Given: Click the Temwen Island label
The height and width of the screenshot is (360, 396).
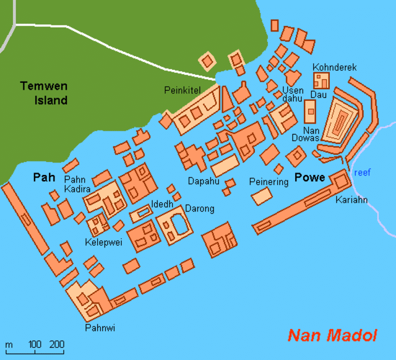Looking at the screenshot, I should tap(43, 93).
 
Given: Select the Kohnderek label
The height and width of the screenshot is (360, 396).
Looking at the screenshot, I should tap(335, 67).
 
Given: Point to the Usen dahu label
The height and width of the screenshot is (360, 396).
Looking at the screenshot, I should tap(293, 95).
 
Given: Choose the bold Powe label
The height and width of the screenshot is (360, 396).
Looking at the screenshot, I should tap(310, 178).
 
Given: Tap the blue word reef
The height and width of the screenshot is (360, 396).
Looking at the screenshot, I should tap(362, 173).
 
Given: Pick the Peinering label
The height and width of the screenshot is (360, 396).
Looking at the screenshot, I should tap(269, 182).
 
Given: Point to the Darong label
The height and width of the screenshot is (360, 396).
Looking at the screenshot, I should tap(199, 208).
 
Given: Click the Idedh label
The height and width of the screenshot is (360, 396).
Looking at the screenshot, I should tap(162, 204).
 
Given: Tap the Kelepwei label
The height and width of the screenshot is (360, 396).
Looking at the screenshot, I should tap(104, 242).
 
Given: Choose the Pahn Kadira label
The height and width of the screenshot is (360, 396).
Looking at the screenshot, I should tap(77, 184).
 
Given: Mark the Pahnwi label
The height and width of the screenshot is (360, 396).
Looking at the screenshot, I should tap(100, 327).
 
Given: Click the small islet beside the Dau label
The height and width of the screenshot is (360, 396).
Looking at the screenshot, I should tap(310, 111).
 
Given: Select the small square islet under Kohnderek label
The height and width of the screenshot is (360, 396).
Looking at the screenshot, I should tap(321, 80).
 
